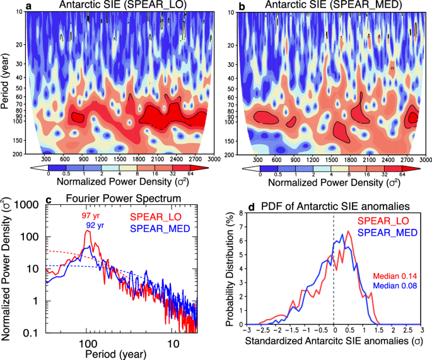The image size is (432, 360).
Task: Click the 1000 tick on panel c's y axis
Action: [28, 204]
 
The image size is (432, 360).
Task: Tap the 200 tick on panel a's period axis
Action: [19, 154]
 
